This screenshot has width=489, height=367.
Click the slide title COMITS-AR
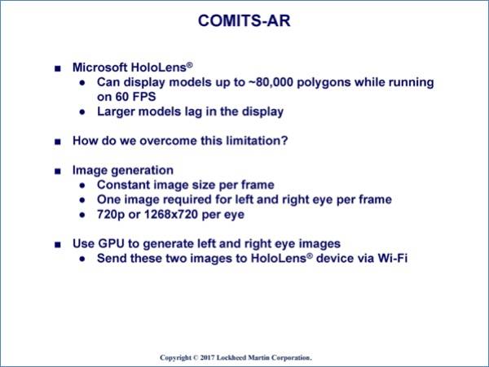[244, 21]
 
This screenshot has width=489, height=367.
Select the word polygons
[324, 83]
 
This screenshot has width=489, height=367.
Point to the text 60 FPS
[135, 97]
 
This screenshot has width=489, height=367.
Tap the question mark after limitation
[284, 141]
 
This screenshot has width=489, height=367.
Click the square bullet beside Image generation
[58, 171]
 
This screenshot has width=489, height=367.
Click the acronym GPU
[111, 243]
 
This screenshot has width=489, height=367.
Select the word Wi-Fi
[393, 258]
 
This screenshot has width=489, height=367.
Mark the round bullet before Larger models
[82, 112]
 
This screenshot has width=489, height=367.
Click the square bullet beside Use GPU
[58, 245]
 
